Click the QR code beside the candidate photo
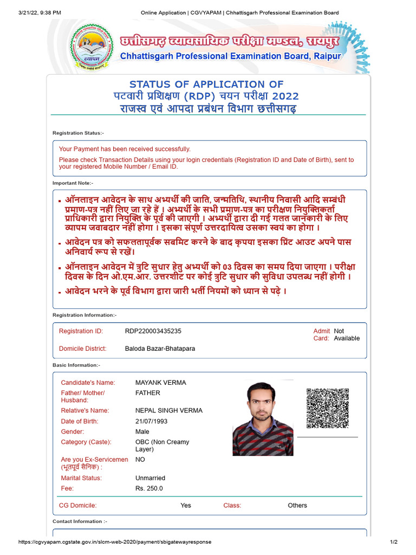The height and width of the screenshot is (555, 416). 327,409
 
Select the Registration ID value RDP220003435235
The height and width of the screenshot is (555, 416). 153,331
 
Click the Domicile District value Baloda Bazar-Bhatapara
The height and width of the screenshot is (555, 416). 160,349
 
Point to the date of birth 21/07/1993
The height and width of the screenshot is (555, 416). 152,421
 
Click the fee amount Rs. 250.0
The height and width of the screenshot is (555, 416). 149,488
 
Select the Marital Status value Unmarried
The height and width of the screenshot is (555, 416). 150,478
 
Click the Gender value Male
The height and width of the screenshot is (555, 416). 142,431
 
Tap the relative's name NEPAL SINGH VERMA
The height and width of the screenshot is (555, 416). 168,410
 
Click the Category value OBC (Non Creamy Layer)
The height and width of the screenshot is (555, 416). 162,446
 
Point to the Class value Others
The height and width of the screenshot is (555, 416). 297,505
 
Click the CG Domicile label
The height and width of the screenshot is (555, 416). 77,505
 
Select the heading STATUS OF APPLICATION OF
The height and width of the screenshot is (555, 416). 206,84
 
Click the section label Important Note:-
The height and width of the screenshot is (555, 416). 73,183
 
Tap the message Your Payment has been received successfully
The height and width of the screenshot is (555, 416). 125,149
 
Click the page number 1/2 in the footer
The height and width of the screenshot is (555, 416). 394,542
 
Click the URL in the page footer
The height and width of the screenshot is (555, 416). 114,542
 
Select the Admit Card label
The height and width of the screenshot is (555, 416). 321,334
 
